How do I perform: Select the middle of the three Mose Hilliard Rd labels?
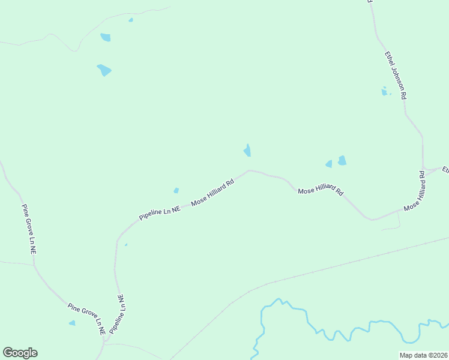pos(321,191)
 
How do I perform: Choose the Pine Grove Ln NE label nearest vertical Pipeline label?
pos(87,319)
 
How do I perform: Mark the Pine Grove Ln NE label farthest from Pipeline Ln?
pos(29,229)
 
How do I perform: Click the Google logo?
pos(20,353)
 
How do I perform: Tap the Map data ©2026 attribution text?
pos(423,355)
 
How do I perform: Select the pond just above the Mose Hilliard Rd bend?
pos(247,151)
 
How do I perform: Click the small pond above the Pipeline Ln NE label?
pos(176,191)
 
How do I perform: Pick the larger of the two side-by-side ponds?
pos(342,160)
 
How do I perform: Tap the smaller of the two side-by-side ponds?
pos(329,164)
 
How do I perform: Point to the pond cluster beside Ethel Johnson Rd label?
pos(385,92)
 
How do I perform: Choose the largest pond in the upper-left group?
pos(104,70)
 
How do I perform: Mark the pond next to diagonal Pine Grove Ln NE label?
pos(72,323)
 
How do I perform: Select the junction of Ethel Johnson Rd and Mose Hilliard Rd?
pos(423,169)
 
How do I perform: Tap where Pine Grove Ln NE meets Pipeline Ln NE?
pos(105,342)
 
